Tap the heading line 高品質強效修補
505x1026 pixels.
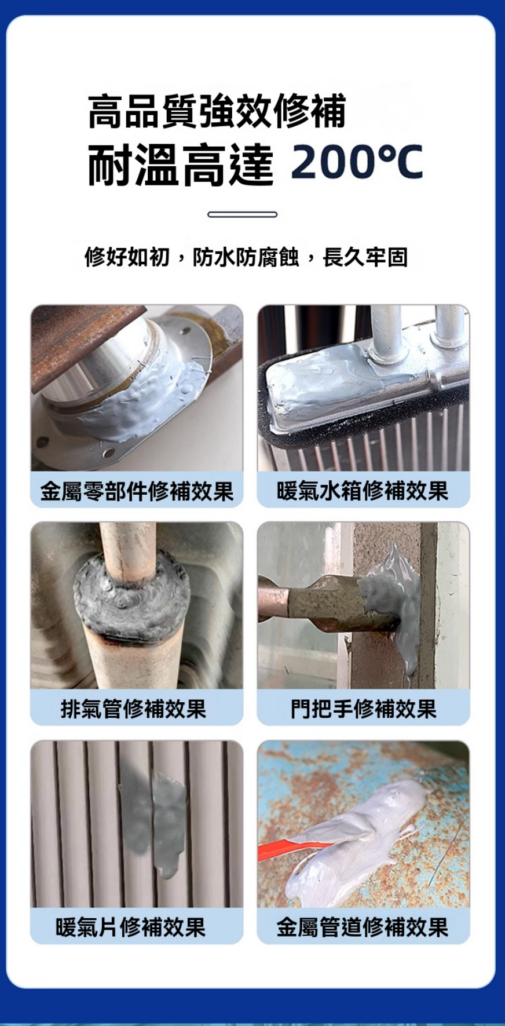tap(217, 111)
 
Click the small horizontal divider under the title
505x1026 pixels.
tap(242, 214)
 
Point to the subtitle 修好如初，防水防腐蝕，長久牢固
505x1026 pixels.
tap(246, 257)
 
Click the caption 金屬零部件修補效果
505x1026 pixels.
tap(137, 491)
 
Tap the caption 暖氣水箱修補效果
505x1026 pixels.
tap(363, 491)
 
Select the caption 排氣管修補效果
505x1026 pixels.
tap(134, 709)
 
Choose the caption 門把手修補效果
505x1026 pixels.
tap(364, 709)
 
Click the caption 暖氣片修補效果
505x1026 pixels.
tap(131, 927)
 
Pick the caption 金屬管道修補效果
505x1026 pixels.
tap(363, 927)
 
